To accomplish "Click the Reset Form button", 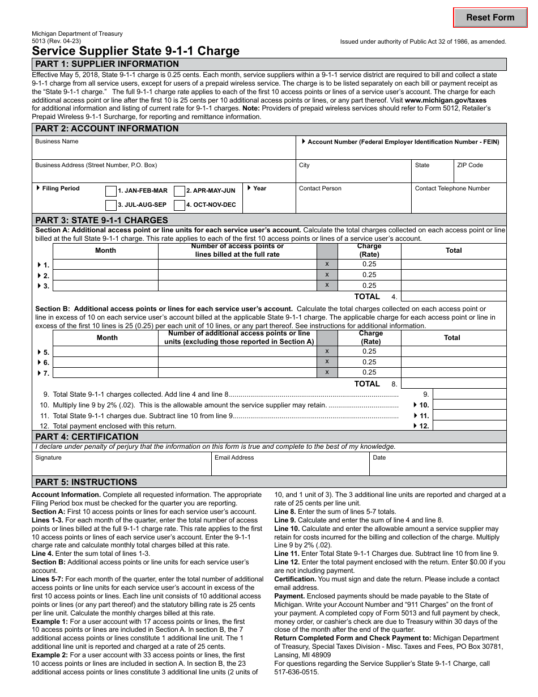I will (490, 18).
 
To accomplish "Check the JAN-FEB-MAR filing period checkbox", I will (111, 191).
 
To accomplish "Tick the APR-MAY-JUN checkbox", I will (180, 191).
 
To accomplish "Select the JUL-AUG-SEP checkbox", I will (111, 205).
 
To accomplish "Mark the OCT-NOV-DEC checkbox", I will (180, 205).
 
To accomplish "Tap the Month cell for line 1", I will (105, 265).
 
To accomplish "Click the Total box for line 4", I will (453, 296).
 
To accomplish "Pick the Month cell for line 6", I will (105, 362).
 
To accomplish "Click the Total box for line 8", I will (453, 384).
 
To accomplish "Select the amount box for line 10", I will (469, 405).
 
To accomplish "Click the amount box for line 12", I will (469, 426).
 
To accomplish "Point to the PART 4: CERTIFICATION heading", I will (87, 437).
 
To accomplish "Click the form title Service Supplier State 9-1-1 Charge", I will (135, 51).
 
